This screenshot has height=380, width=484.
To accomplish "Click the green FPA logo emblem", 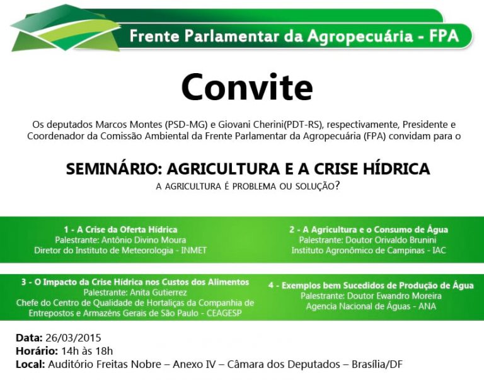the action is [x=66, y=29].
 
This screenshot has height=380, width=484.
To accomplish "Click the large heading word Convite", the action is [x=247, y=87].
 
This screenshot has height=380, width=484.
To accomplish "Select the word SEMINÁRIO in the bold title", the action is [x=113, y=169].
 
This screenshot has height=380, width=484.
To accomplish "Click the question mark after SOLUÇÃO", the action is [x=337, y=186].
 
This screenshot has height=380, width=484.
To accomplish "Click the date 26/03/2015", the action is [x=73, y=338].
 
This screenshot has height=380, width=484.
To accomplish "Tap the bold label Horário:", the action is [x=37, y=351].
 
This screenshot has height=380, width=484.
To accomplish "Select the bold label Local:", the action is [x=30, y=364].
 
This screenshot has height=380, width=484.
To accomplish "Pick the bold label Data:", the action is [x=29, y=338].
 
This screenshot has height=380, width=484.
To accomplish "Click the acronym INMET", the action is [x=194, y=250].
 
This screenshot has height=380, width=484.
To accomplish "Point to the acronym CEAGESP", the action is [x=224, y=313].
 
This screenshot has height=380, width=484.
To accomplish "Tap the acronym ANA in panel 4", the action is [x=427, y=306].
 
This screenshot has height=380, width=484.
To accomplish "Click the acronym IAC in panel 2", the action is [x=439, y=250].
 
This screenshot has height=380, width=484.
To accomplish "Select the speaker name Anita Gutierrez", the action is [x=158, y=292].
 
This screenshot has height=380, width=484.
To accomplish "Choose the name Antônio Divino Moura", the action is [x=144, y=240].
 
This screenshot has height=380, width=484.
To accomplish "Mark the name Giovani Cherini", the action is [x=251, y=125].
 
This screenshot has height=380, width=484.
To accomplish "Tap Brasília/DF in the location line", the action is [x=377, y=364].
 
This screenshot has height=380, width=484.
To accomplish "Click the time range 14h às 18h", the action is [x=87, y=351].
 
